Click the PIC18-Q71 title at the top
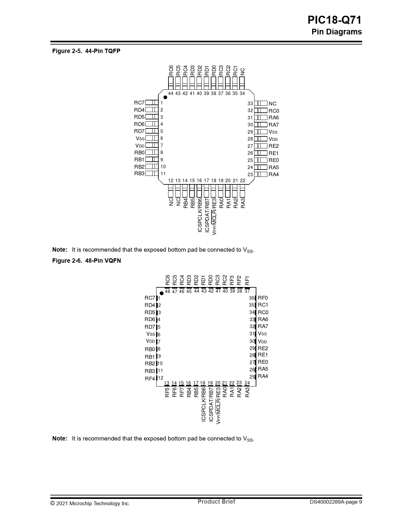334,20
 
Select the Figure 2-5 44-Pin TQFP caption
86,51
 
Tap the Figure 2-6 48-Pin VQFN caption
86,260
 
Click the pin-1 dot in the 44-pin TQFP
165,97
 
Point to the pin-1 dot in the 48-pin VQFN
162,293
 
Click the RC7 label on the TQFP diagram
139,103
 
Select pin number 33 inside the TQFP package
250,104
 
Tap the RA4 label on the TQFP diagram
274,175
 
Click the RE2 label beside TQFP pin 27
274,146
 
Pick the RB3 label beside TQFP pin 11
139,174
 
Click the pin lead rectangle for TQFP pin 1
152,103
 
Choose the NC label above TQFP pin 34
242,72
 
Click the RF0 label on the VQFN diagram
263,298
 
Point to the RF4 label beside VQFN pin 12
150,379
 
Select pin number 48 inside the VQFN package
168,291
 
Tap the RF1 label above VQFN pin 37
247,280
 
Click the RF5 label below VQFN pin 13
167,392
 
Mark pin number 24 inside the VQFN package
247,383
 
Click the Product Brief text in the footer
216,501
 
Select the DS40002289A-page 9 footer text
336,502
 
